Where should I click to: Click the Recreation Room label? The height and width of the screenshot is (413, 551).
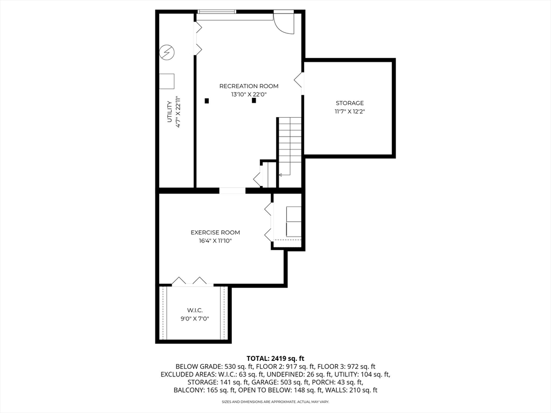tap(249, 86)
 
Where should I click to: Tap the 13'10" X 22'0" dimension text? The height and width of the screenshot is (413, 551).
tap(249, 95)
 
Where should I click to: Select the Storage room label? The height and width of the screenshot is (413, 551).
tap(350, 103)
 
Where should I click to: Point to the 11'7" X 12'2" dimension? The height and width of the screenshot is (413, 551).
tap(350, 111)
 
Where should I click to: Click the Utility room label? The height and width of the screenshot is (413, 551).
tap(169, 111)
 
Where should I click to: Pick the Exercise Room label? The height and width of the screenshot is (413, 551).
tap(215, 232)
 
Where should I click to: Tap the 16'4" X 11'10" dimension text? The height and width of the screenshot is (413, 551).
tap(215, 241)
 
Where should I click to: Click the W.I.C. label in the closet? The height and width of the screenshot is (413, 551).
tap(194, 310)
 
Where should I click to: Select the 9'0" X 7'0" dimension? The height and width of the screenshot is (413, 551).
tap(194, 319)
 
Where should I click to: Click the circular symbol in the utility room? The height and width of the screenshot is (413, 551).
tap(167, 52)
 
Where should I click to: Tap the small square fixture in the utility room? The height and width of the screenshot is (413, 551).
tap(167, 81)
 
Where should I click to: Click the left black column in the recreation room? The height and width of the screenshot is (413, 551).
tap(207, 101)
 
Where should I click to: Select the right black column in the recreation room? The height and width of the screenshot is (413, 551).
tap(254, 101)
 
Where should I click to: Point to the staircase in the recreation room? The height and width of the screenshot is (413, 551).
tap(289, 145)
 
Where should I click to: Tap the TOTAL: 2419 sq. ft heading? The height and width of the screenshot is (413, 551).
tap(275, 358)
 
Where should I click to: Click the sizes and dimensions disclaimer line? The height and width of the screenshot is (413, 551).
tap(275, 402)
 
